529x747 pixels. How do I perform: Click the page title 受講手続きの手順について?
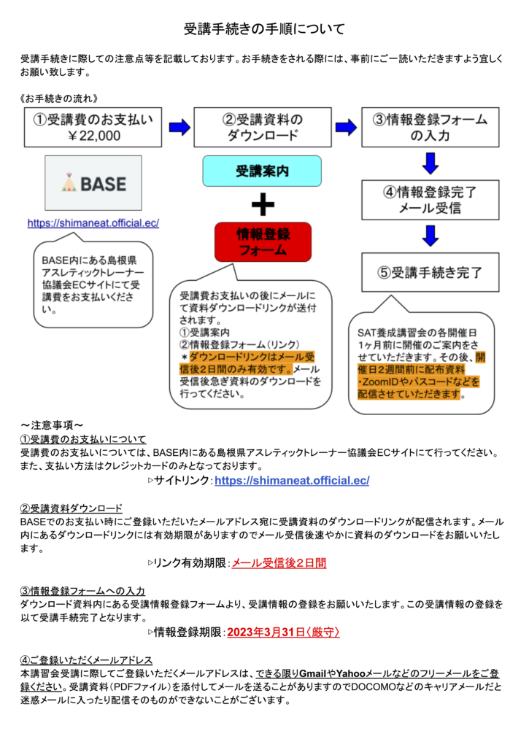click(x=264, y=29)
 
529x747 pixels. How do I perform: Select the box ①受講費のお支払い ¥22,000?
click(x=93, y=127)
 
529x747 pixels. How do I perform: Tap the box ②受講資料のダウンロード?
click(x=263, y=127)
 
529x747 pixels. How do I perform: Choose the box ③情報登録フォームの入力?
click(x=430, y=127)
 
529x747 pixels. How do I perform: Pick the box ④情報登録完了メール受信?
click(x=430, y=200)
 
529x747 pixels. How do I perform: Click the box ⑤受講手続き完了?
click(x=430, y=272)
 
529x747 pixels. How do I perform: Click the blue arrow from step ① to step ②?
click(x=179, y=127)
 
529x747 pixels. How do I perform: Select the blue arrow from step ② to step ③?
click(x=347, y=127)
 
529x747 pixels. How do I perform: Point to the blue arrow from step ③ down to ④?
click(x=430, y=163)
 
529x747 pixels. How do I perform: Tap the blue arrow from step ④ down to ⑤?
click(x=430, y=236)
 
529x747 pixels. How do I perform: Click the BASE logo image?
click(x=93, y=183)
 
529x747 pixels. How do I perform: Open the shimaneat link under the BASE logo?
click(x=93, y=223)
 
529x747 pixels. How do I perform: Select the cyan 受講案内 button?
click(x=262, y=171)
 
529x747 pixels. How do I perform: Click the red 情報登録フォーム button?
click(x=263, y=242)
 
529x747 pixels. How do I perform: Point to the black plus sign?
click(x=263, y=205)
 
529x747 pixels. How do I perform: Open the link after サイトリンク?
click(x=292, y=481)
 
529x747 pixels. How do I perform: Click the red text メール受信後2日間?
click(x=279, y=563)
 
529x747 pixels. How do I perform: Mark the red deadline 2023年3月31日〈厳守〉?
click(x=284, y=632)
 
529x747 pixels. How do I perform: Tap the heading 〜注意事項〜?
click(x=52, y=425)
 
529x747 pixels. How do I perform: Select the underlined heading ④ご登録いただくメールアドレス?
click(x=86, y=660)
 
